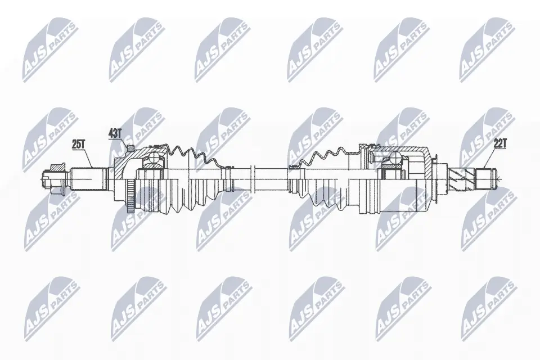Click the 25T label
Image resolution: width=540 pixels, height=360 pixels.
(x=78, y=144)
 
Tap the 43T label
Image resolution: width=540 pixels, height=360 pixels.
(x=114, y=133)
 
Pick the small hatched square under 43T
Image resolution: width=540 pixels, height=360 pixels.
(x=130, y=148)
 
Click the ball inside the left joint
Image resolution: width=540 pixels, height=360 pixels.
(x=153, y=162)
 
